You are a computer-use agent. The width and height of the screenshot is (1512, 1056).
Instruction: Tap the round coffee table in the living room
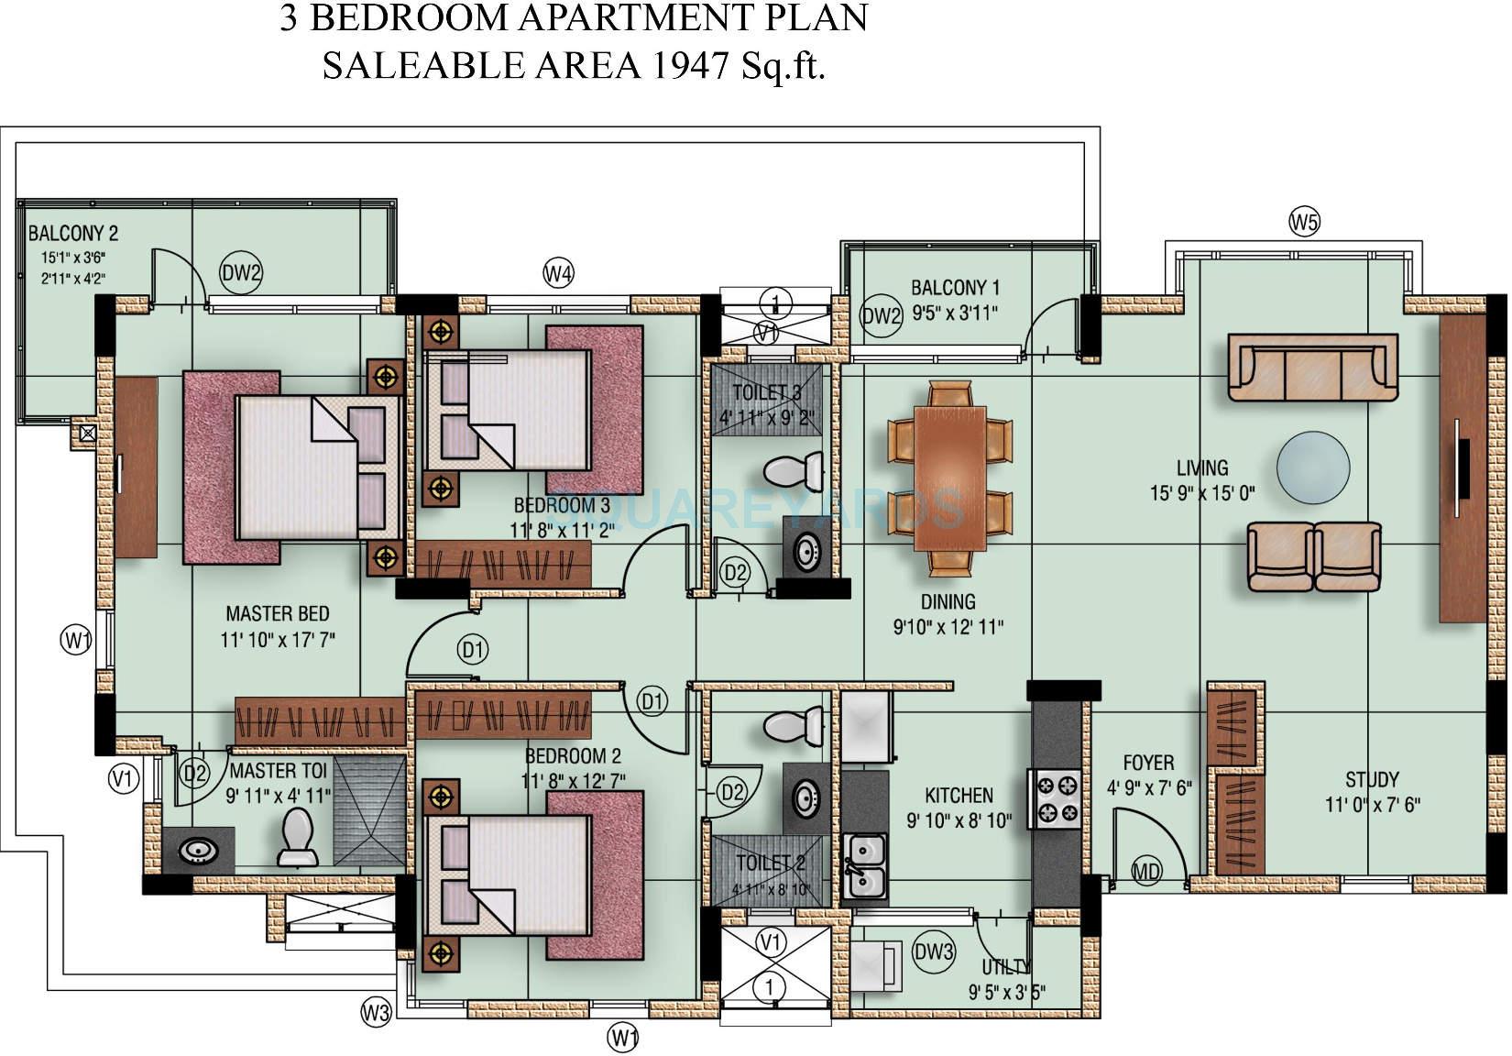click(1313, 467)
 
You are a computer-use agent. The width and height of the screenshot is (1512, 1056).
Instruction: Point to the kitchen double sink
click(864, 866)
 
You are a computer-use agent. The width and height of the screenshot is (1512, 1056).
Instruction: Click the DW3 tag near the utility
click(934, 951)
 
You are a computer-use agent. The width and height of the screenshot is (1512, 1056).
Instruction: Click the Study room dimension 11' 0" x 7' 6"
click(1372, 806)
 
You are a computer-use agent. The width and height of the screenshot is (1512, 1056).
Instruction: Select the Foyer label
click(1148, 763)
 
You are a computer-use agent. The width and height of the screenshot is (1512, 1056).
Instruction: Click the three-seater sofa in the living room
click(1312, 367)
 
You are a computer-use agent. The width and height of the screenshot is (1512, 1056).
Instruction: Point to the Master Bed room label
click(277, 613)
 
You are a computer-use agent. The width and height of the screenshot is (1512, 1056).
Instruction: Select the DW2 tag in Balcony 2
click(242, 272)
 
